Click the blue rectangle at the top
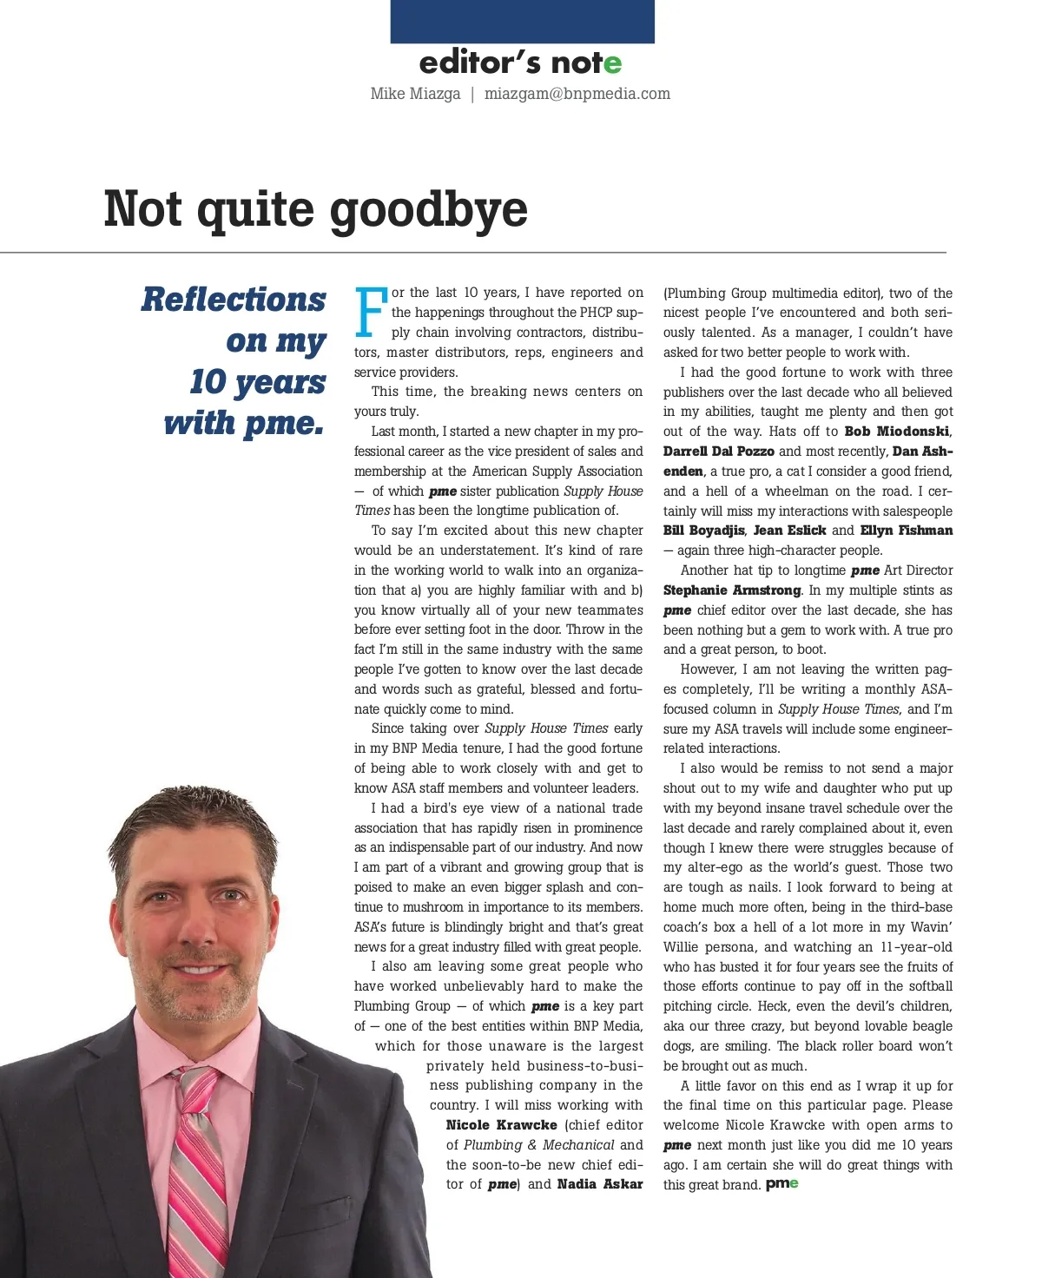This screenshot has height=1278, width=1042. [522, 21]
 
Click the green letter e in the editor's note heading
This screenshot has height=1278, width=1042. [613, 63]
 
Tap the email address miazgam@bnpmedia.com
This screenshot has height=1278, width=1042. [577, 94]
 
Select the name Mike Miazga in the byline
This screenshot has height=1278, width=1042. [415, 94]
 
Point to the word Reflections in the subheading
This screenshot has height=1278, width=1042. [234, 300]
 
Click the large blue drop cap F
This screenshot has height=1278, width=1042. [371, 313]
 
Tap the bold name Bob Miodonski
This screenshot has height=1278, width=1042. [897, 431]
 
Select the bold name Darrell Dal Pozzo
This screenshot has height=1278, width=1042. [718, 451]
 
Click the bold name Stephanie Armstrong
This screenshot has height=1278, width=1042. [732, 590]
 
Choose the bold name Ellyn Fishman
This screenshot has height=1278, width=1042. [906, 530]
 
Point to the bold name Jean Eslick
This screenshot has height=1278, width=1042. [789, 530]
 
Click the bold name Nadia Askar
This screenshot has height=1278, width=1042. [600, 1184]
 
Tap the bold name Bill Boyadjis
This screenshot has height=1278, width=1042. [703, 530]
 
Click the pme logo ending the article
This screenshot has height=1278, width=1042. [781, 1184]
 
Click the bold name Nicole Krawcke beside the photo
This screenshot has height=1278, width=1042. [501, 1125]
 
